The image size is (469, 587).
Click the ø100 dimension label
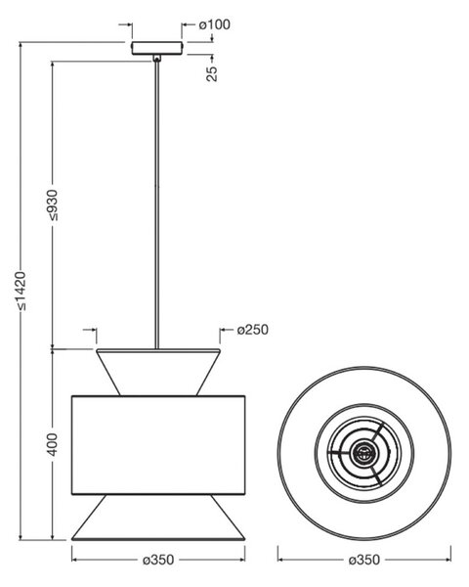214,24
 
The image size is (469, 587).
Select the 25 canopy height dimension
212,73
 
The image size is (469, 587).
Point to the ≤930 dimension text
53,205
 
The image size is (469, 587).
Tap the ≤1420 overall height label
21,291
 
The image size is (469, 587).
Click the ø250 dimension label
253,330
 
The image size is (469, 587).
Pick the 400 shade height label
53,444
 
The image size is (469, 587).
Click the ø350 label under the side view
158,560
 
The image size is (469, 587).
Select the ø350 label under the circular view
363,560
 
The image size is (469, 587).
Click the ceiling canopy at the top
157,48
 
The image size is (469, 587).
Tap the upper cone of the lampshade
158,372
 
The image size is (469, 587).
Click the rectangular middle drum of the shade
158,445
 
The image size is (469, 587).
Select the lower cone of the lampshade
158,517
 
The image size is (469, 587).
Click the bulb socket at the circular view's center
362,453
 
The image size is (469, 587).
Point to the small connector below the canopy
157,58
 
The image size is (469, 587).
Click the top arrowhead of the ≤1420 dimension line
21,46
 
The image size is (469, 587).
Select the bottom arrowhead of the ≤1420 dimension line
21,536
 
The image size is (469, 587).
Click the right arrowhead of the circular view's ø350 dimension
448,560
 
